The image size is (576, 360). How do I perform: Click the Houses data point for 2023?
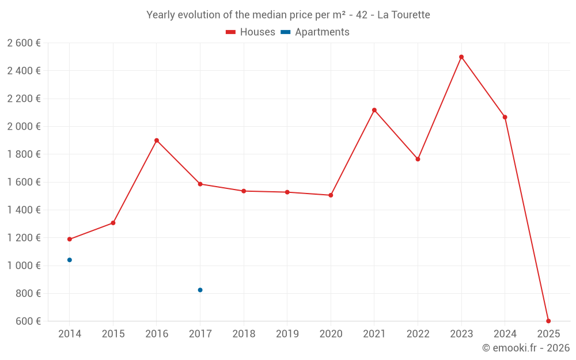[x=461, y=57]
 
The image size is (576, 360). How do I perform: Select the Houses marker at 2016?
[x=157, y=141]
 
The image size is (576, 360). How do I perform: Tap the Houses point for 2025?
[x=548, y=321]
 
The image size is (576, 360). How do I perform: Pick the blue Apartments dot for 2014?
[x=70, y=260]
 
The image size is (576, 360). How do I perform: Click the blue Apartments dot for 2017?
[x=200, y=290]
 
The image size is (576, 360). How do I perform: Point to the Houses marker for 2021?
[x=374, y=110]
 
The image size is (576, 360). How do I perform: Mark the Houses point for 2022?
[x=418, y=159]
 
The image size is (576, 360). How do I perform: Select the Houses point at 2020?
[x=331, y=195]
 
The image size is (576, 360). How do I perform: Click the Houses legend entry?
[x=251, y=32]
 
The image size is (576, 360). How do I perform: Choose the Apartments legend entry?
[x=315, y=32]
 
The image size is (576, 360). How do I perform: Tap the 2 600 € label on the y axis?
[x=24, y=43]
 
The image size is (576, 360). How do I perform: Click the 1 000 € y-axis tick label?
[x=24, y=266]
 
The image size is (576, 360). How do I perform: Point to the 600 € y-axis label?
[x=28, y=321]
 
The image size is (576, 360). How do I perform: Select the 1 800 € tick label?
[x=24, y=154]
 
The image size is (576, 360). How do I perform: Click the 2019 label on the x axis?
[x=287, y=334]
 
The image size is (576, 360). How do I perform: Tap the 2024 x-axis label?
[x=505, y=334]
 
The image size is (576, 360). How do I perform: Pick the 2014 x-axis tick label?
[x=70, y=334]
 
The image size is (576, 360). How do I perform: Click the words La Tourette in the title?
[x=403, y=15]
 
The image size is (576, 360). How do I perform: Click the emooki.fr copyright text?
[x=525, y=348]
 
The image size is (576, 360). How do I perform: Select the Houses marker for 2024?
[x=505, y=117]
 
